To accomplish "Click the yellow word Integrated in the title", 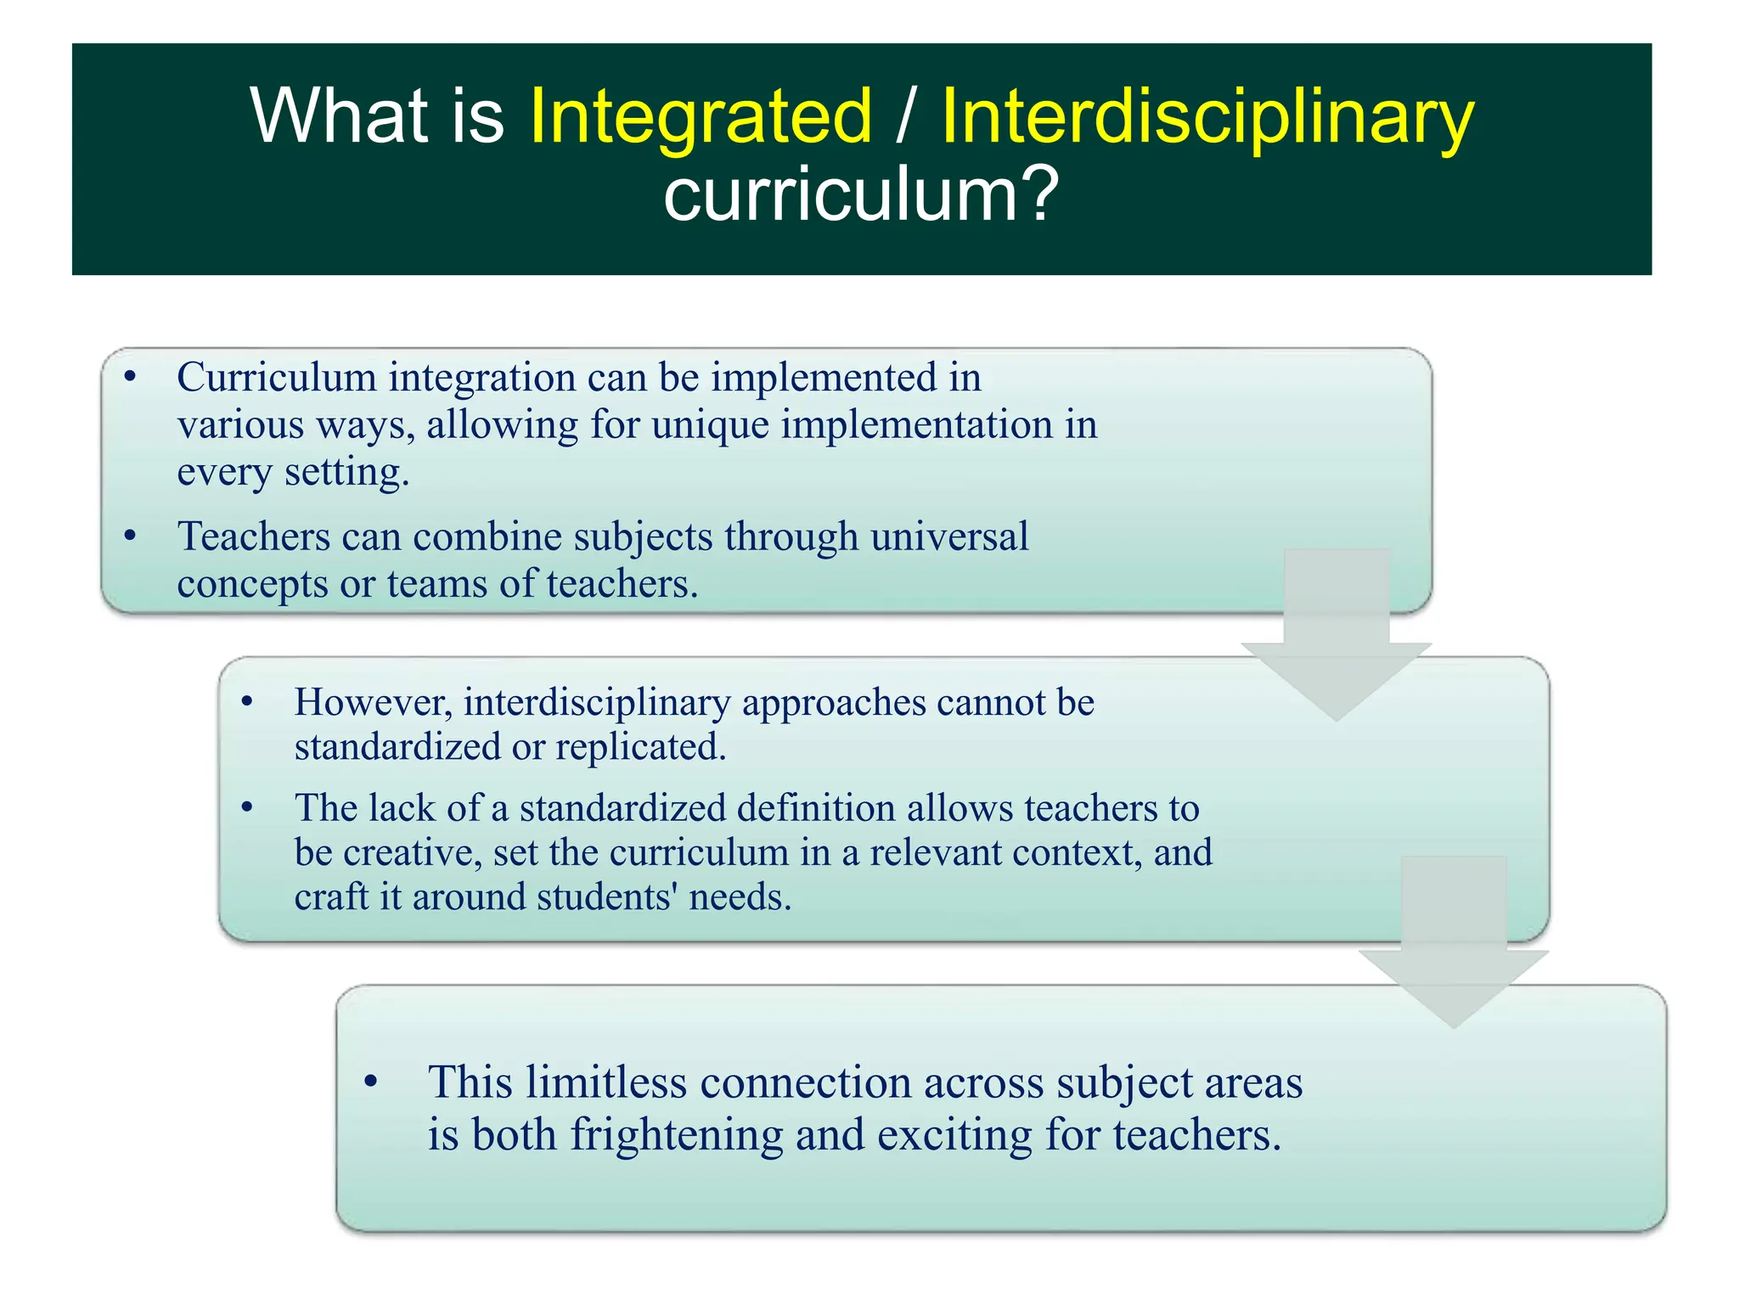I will click(x=701, y=116).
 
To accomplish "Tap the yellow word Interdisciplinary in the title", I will click(x=1207, y=116).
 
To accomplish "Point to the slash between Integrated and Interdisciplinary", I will click(x=906, y=116).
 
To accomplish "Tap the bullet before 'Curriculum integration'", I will click(x=130, y=377).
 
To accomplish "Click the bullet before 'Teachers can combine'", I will click(x=130, y=536).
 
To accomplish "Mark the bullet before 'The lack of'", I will click(x=247, y=807).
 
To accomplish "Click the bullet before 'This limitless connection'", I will click(x=370, y=1082).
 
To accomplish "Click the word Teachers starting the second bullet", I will click(x=253, y=537).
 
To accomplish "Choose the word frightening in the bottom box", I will click(x=676, y=1135).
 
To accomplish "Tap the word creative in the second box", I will click(x=411, y=852).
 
